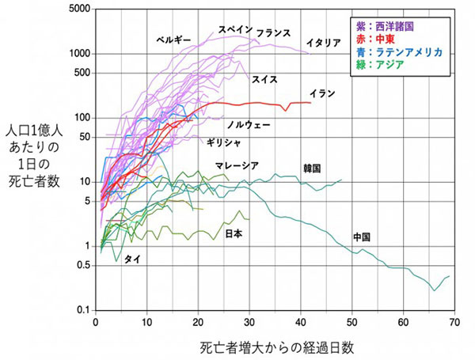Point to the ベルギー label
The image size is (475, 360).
pos(173,38)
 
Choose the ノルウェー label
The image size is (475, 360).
pos(249,126)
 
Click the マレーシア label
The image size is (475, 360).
pos(237,165)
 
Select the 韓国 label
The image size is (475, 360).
pos(312,168)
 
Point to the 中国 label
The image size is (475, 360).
pos(363,237)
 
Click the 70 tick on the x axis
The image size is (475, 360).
pos(454,322)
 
